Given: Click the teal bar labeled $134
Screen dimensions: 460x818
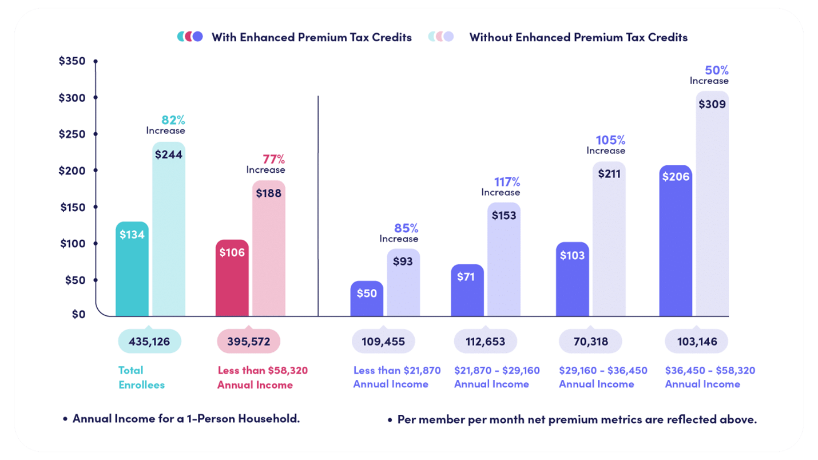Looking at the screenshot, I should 132,269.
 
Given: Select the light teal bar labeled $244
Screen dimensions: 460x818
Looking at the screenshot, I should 169,229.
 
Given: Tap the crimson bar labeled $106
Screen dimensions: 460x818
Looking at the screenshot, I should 232,278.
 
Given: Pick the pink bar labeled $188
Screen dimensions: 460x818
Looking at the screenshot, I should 269,248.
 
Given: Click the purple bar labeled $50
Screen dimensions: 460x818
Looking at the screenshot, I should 367,299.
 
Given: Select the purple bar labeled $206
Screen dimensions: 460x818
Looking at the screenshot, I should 676,240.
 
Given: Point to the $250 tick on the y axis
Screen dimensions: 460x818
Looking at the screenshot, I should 72,134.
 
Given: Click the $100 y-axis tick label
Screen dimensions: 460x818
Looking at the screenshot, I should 72,243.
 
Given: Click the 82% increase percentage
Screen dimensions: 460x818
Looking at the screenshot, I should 173,120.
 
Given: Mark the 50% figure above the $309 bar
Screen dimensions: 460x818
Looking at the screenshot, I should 716,70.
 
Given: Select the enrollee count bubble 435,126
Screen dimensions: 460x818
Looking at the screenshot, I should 149,342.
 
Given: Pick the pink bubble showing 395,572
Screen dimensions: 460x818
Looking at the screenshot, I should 248,342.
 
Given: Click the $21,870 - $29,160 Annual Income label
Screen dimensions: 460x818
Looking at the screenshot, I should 497,377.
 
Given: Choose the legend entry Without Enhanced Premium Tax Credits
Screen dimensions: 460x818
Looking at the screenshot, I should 578,37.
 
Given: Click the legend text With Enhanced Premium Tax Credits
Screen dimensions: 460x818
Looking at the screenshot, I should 311,37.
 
